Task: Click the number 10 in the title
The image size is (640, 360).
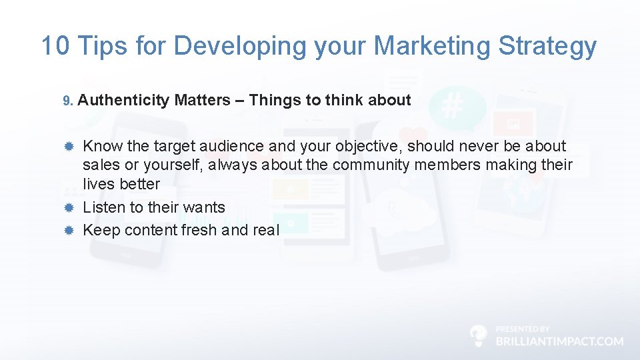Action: (x=55, y=46)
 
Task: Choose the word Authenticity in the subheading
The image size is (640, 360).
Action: (x=124, y=101)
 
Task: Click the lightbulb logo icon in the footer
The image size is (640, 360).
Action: (x=478, y=335)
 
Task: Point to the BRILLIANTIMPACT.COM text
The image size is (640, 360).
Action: (x=559, y=341)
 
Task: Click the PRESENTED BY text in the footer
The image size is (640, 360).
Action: (x=523, y=329)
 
